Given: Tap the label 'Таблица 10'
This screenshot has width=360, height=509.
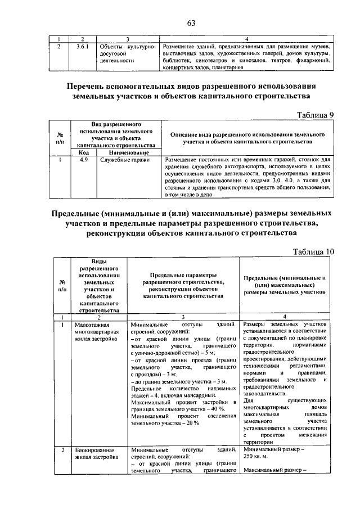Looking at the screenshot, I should pyautogui.click(x=313, y=251).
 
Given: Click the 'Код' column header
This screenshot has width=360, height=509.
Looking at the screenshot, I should pyautogui.click(x=83, y=152).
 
